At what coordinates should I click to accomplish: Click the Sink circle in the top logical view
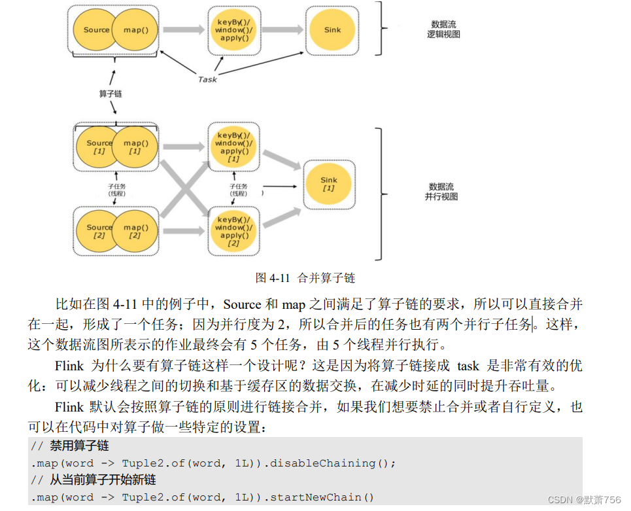pos(332,30)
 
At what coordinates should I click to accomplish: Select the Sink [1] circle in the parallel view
pos(328,184)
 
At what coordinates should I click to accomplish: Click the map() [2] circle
pos(135,232)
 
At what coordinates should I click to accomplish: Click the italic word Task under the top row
pos(207,79)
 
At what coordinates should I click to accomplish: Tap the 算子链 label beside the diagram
pos(111,94)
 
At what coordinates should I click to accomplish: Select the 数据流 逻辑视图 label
pos(443,29)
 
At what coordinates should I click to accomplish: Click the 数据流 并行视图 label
pos(442,191)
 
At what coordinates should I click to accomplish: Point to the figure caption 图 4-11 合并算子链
pos(305,277)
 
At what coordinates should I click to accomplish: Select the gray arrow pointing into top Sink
pos(281,30)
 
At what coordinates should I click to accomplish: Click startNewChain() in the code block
pos(322,497)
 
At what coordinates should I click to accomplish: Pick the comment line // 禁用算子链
pos(70,446)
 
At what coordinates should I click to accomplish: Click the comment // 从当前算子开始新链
pos(94,480)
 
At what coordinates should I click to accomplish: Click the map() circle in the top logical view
pos(136,30)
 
